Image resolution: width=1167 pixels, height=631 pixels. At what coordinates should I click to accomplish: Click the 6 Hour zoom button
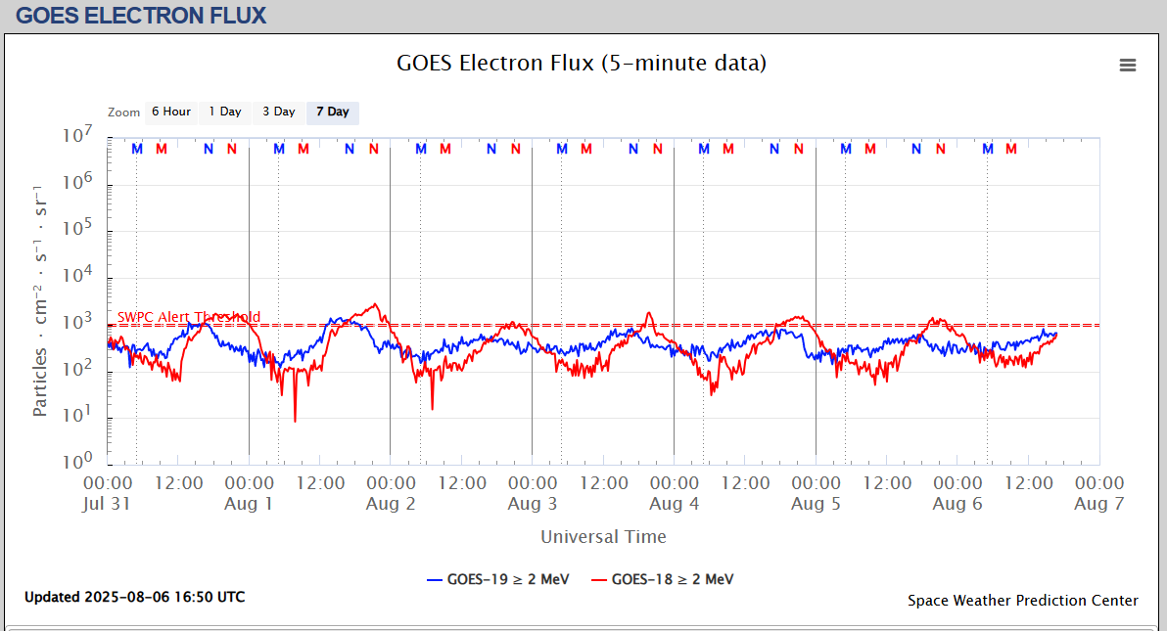[x=171, y=113]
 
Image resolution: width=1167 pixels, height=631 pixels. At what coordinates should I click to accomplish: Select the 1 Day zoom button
[x=225, y=113]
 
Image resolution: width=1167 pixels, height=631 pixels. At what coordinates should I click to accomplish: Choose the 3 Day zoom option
[x=279, y=113]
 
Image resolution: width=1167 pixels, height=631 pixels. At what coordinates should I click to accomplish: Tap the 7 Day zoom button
[x=333, y=113]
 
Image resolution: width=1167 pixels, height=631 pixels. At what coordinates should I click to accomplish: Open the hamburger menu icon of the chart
[x=1128, y=66]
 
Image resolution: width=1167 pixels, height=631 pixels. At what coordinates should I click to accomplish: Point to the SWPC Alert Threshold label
[x=189, y=317]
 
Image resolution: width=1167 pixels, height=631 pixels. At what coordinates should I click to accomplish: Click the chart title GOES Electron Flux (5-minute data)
[x=582, y=64]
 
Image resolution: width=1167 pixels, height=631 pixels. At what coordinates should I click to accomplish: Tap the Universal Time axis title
[x=603, y=537]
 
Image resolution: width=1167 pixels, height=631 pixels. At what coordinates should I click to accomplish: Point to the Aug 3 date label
[x=532, y=504]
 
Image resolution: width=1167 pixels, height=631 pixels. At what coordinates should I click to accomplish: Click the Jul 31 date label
[x=108, y=504]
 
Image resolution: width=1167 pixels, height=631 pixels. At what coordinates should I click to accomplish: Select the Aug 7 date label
[x=1098, y=504]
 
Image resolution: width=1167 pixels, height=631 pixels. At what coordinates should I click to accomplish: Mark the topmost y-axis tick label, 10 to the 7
[x=76, y=137]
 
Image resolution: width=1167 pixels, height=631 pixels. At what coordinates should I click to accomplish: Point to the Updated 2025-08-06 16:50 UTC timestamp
[x=135, y=597]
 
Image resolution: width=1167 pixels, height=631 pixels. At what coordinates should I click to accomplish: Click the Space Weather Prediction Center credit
[x=1022, y=601]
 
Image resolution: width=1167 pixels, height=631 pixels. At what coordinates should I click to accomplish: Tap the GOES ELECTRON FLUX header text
[x=141, y=16]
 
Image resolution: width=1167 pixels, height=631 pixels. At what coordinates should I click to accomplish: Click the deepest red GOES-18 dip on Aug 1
[x=295, y=420]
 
